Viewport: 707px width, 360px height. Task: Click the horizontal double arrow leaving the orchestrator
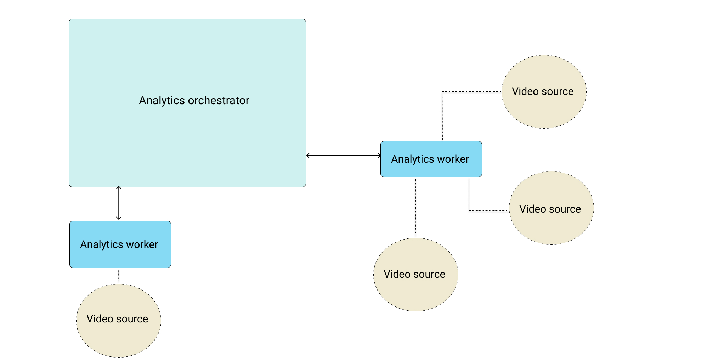pos(344,156)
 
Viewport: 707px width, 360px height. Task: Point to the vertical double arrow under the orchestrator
pos(119,203)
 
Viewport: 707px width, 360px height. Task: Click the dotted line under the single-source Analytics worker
pos(119,276)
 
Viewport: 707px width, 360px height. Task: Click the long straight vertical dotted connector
pos(415,207)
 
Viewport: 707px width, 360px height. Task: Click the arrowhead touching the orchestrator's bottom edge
pos(119,188)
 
